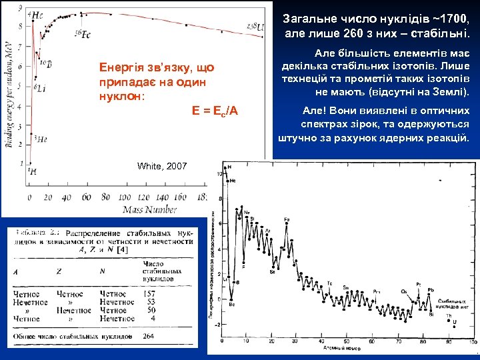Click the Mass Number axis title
(x=149, y=209)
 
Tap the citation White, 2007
(x=162, y=166)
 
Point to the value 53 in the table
(x=151, y=302)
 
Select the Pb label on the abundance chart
(x=431, y=289)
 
